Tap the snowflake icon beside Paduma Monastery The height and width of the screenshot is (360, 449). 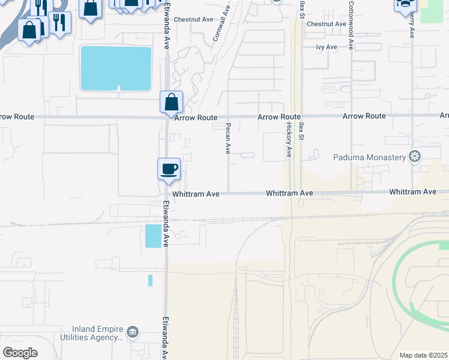pos(414,157)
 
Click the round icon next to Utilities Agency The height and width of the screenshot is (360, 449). pos(133,331)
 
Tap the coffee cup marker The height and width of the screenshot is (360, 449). pos(169,169)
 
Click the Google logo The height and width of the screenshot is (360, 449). pos(20,352)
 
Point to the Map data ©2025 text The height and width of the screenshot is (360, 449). pos(424,355)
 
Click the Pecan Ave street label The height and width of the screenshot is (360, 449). pos(228,138)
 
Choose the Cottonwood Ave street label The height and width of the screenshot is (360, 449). pos(351,18)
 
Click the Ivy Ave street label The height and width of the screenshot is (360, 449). pos(327,46)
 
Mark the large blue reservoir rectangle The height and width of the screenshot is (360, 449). pos(116,68)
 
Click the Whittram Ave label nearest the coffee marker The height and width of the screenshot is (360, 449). pos(196,194)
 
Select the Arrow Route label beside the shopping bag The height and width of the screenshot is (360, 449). pos(196,118)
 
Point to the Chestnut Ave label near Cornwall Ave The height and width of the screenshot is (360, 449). pos(193,19)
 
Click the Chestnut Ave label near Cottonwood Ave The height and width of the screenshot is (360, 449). pos(327,24)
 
